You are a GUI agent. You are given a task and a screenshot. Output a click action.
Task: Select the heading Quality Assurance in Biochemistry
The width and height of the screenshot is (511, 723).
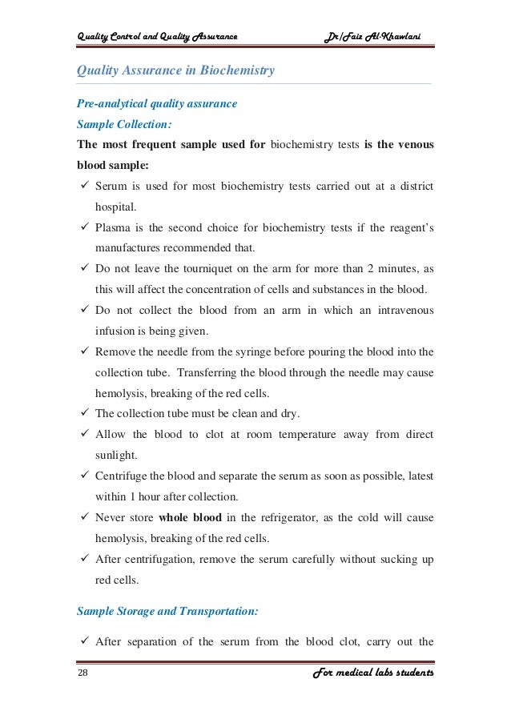175,70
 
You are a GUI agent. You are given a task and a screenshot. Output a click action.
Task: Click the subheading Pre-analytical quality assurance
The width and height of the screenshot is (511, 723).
156,104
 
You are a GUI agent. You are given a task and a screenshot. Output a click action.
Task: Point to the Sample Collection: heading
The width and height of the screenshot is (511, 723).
124,125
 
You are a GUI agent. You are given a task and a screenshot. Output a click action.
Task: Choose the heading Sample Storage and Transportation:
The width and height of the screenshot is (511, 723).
167,611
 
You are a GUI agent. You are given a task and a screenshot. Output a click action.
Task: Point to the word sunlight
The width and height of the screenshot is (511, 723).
116,455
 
